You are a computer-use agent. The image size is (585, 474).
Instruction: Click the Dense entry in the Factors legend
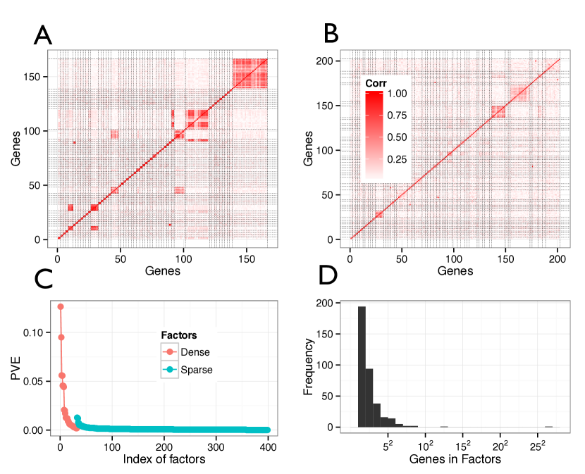point(194,352)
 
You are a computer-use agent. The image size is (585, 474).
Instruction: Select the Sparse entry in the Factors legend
point(196,369)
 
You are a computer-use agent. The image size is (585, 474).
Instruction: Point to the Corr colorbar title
point(376,83)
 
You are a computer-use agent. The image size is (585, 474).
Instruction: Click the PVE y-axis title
point(16,370)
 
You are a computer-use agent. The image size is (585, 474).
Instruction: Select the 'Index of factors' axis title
point(164,460)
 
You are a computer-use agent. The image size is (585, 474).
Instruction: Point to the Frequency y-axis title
point(309,366)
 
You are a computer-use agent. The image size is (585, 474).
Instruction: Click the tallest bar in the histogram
point(362,366)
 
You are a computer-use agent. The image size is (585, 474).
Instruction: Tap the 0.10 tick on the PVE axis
point(41,332)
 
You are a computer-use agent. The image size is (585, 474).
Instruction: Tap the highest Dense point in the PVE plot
point(61,306)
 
